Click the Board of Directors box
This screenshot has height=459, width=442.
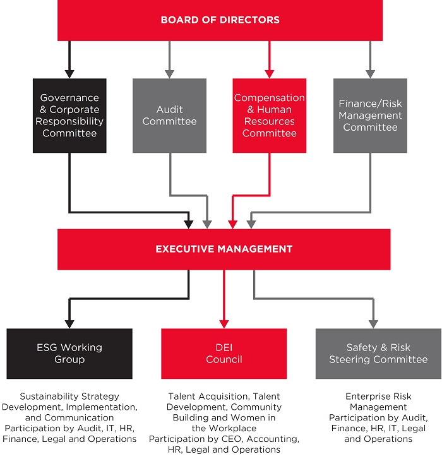[x=220, y=20]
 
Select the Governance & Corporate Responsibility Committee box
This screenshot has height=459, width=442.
[x=69, y=116]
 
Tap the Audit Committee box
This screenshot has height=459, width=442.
[x=169, y=116]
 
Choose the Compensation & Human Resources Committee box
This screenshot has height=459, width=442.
[x=270, y=116]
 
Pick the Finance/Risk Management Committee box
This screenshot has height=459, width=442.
[x=370, y=116]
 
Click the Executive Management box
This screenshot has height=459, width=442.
[x=224, y=249]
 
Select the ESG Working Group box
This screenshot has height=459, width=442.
[x=69, y=353]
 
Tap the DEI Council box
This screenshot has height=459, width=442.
[x=224, y=353]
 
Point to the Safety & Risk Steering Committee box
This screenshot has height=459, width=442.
[x=378, y=353]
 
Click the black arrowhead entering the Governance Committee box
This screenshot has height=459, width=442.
[x=69, y=73]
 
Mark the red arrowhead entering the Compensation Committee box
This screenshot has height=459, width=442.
[x=270, y=73]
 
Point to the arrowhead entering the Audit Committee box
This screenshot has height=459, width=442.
[x=169, y=73]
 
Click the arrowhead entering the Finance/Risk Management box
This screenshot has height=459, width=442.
[x=370, y=73]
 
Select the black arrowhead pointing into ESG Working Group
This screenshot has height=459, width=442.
[x=69, y=323]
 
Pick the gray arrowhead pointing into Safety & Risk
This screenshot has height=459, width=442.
[x=373, y=323]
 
